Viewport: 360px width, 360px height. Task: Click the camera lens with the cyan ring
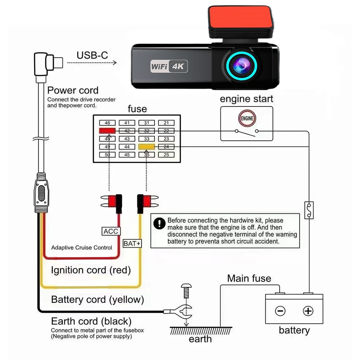pyautogui.click(x=242, y=66)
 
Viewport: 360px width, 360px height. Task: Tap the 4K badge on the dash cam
pyautogui.click(x=179, y=67)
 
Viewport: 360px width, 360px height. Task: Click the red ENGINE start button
pyautogui.click(x=247, y=118)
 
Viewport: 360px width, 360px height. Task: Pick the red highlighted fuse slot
pyautogui.click(x=107, y=131)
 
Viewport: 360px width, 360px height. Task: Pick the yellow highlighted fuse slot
pyautogui.click(x=147, y=147)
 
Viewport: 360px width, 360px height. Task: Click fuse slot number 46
pyautogui.click(x=107, y=123)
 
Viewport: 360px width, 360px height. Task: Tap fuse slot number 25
pyautogui.click(x=166, y=155)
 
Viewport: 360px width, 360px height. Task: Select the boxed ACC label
pyautogui.click(x=111, y=231)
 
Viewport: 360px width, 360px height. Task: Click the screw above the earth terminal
pyautogui.click(x=186, y=289)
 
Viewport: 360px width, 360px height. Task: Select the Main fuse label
pyautogui.click(x=249, y=278)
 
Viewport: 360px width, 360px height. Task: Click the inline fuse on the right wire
pyautogui.click(x=308, y=210)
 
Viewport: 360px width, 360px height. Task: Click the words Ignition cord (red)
pyautogui.click(x=91, y=270)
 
